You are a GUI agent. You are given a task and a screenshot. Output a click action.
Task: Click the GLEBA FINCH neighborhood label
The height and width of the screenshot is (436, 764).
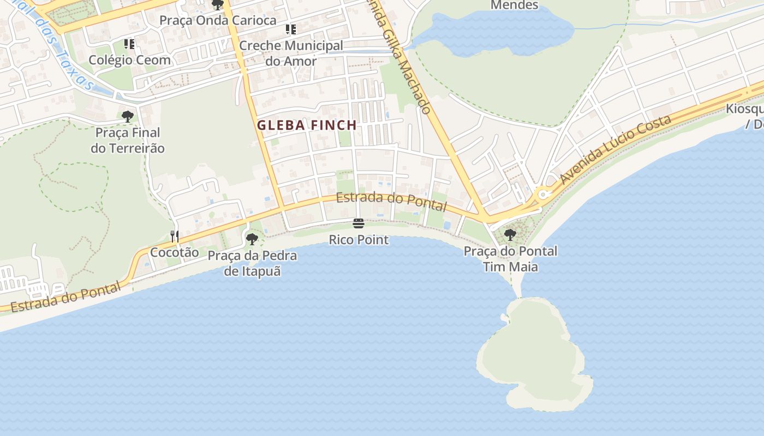307,125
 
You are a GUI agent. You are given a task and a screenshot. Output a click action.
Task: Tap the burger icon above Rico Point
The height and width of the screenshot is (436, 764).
359,223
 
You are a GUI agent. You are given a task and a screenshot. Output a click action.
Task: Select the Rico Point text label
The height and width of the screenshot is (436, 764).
359,240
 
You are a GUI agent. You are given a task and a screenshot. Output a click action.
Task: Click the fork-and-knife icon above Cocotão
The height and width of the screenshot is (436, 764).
175,236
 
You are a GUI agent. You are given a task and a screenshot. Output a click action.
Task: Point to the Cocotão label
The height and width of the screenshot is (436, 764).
175,252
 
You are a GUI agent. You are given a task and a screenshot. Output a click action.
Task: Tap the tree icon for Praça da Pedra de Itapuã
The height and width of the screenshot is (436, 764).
252,239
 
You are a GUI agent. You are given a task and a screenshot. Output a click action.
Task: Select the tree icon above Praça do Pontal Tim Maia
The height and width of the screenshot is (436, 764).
510,235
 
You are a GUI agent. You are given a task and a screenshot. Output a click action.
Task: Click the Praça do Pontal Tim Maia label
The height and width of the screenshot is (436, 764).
510,259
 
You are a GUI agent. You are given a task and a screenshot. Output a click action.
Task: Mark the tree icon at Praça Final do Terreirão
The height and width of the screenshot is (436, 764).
128,116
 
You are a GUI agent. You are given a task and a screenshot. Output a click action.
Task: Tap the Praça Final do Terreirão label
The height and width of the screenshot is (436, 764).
128,140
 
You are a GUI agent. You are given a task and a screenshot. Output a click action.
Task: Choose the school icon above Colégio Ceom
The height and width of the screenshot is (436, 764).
129,44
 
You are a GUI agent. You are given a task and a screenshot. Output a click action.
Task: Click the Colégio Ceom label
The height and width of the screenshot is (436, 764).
130,60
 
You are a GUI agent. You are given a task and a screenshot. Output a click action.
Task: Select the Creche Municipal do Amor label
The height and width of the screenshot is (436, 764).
291,53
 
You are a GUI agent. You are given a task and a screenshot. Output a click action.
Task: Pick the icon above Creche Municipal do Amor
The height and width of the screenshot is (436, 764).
291,29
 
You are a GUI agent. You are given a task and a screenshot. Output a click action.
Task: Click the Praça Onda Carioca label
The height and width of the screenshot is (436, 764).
218,20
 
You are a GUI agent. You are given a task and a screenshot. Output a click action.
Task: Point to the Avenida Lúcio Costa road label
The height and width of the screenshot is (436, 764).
615,150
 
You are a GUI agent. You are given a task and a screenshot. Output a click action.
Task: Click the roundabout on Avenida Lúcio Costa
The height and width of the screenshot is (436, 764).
542,194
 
